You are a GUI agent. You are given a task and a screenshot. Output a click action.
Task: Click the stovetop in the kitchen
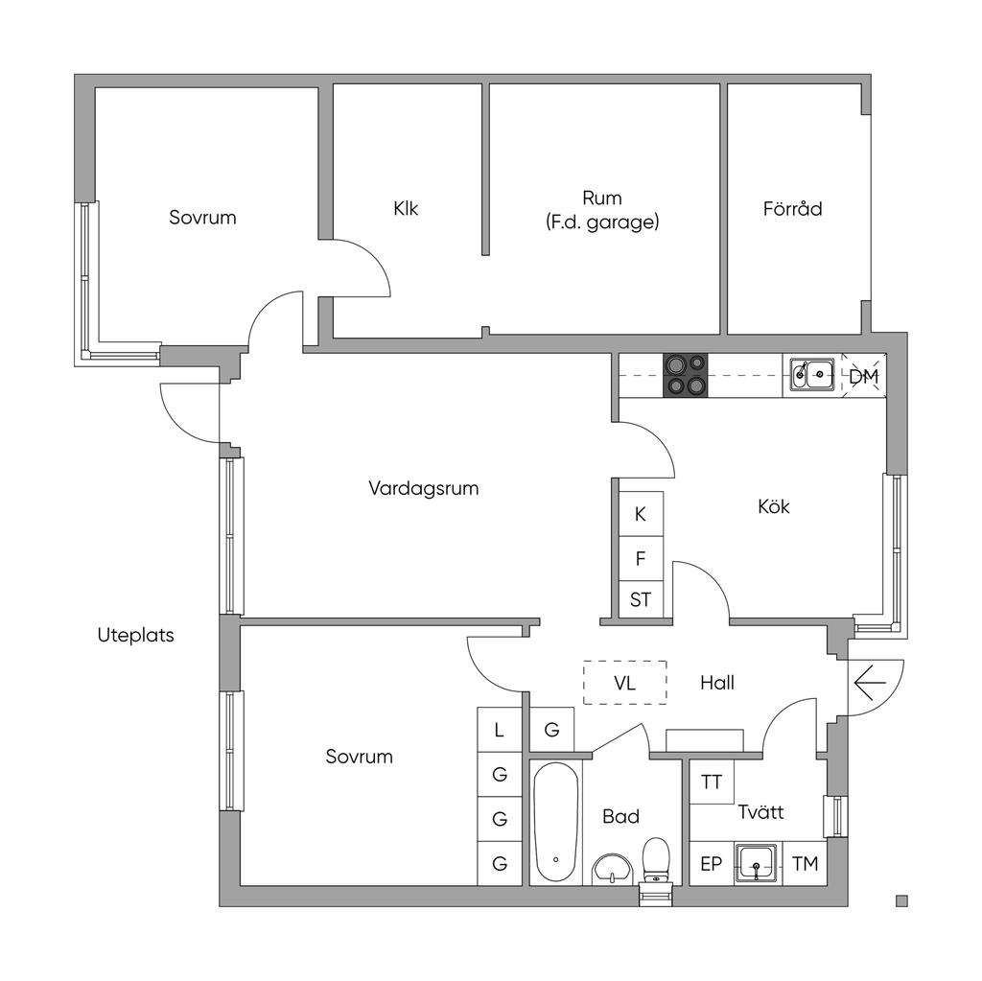point(686,375)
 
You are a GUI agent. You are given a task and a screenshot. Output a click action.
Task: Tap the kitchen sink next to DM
point(811,375)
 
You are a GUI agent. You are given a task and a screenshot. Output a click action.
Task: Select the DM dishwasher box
point(863,377)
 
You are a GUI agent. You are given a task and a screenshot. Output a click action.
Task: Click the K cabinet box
point(641,514)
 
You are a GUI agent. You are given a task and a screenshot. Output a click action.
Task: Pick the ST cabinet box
point(641,601)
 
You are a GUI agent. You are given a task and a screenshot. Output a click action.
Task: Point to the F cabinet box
point(641,558)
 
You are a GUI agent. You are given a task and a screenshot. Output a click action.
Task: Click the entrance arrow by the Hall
point(870,683)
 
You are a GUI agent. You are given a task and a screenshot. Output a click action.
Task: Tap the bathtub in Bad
point(555,822)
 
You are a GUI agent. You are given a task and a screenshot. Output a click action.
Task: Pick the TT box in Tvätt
point(712,782)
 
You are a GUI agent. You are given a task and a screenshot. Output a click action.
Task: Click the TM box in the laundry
point(806,864)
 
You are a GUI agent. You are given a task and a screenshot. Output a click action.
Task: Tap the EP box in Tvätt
point(711,864)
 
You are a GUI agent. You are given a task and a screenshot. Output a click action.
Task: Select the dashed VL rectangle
point(625,683)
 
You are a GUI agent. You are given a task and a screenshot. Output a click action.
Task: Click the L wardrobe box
point(499,730)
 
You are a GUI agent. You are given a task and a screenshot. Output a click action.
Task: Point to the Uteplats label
point(136,635)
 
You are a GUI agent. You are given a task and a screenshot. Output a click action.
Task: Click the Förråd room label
point(792,208)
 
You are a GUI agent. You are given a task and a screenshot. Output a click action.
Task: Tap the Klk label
point(406,208)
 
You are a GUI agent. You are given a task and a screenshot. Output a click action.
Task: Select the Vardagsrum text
point(423,488)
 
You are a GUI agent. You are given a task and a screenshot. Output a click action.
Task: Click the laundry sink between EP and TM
point(759,863)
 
